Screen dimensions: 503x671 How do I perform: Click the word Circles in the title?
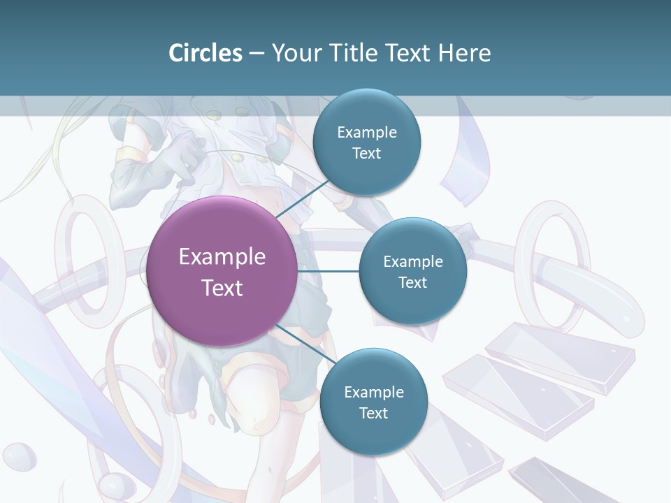(205, 53)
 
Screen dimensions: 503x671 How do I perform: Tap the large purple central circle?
(222, 271)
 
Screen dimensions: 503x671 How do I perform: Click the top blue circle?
(366, 143)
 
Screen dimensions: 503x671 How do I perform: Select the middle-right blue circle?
(412, 272)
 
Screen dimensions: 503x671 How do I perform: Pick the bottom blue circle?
(373, 402)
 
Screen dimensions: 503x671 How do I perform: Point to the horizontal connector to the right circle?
(328, 271)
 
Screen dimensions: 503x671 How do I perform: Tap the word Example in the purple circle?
(222, 256)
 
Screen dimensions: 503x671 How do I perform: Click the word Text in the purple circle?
(222, 288)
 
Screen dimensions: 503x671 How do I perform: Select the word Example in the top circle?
(366, 132)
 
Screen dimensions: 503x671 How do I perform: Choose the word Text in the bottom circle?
(373, 413)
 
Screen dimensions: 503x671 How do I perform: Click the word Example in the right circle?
(412, 261)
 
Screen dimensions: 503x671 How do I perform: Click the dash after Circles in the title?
(256, 54)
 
